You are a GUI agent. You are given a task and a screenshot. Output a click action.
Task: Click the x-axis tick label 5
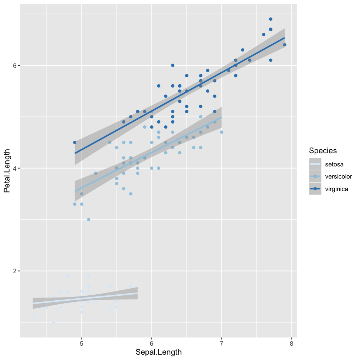(82, 343)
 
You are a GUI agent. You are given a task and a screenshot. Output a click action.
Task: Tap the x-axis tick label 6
(152, 343)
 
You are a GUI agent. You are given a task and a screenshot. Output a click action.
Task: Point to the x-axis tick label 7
(222, 343)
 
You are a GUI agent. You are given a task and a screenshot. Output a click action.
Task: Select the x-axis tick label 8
(292, 343)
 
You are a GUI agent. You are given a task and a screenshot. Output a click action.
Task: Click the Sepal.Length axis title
(159, 352)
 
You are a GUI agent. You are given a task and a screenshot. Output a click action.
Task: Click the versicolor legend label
(338, 176)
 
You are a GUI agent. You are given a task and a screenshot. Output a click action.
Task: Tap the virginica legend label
(336, 189)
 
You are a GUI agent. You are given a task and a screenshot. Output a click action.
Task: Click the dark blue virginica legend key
(315, 189)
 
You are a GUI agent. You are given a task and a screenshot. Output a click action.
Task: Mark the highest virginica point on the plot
(271, 19)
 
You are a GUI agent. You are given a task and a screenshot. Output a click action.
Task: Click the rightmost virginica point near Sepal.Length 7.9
(285, 45)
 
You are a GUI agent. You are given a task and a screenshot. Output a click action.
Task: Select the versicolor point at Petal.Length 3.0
(89, 220)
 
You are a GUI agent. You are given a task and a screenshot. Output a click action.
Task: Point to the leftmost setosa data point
(33, 317)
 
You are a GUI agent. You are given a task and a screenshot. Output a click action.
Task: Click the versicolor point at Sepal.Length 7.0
(222, 132)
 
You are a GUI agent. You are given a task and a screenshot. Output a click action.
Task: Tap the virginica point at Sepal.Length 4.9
(75, 142)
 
